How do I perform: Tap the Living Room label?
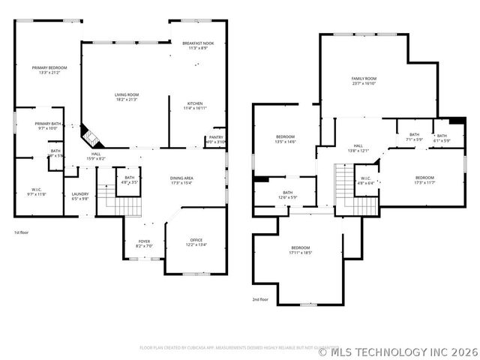126,97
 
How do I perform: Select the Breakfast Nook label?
198,46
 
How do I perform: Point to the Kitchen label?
194,106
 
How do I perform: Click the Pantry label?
216,139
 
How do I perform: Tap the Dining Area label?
182,180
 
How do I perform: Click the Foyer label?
144,244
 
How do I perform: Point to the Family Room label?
364,81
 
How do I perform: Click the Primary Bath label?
47,126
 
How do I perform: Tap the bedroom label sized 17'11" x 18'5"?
300,250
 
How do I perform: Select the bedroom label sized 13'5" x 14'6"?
285,139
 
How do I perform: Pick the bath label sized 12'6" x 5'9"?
287,195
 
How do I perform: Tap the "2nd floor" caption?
260,299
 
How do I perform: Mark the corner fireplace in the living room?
89,137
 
